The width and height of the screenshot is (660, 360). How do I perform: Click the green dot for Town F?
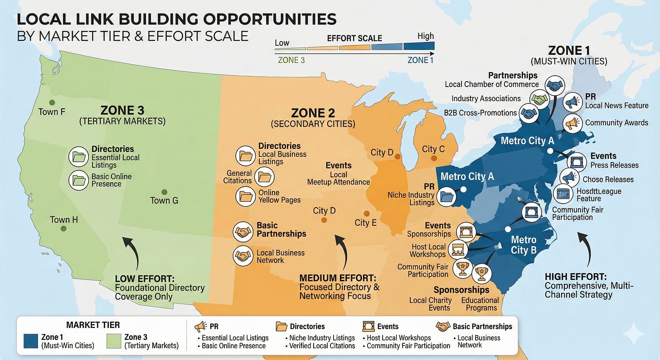click(x=53, y=102)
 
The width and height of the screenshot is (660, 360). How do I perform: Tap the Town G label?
click(x=164, y=200)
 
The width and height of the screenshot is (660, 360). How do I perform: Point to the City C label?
click(x=433, y=149)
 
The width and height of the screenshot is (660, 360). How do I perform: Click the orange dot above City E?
click(x=366, y=214)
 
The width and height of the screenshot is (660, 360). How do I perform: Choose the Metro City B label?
click(x=524, y=245)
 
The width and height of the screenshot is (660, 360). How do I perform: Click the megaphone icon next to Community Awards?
click(x=573, y=122)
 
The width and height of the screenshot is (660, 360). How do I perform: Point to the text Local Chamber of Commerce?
click(x=492, y=84)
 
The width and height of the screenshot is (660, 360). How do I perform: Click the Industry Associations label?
click(x=486, y=98)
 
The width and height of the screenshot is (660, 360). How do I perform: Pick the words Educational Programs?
click(x=480, y=304)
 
